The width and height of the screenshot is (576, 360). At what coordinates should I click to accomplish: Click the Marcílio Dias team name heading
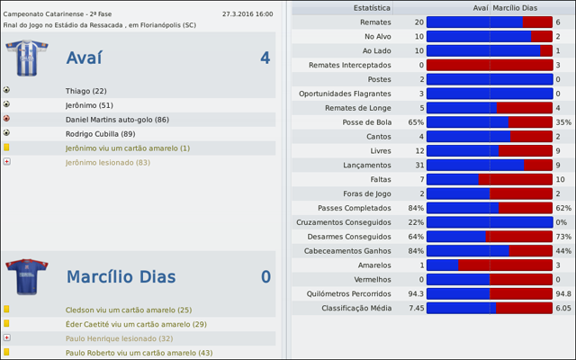pos(121,276)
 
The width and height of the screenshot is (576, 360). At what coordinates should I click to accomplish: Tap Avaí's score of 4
pos(265,58)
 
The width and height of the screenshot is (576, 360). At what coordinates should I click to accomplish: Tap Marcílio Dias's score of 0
pos(265,276)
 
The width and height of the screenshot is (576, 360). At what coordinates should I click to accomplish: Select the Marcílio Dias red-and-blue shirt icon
pos(21,276)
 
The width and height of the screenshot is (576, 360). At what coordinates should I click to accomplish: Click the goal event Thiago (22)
pos(86,91)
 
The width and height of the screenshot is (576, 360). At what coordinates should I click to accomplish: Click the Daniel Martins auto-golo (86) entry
pos(117,119)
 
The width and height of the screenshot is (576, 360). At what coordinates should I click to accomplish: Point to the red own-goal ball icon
pos(7,119)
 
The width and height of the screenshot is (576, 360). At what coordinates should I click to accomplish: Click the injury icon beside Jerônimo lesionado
pos(7,162)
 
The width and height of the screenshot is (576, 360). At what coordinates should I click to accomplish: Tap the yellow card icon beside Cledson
pos(7,310)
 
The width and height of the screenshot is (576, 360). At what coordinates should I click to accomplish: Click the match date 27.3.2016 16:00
pos(247,15)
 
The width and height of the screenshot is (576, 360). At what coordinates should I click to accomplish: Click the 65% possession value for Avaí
pos(416,122)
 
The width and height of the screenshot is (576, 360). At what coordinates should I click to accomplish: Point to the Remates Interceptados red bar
pos(489,65)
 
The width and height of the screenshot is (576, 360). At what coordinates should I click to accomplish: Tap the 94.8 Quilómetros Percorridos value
pos(563,293)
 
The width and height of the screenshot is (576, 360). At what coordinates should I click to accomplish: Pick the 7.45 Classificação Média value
pos(416,308)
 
